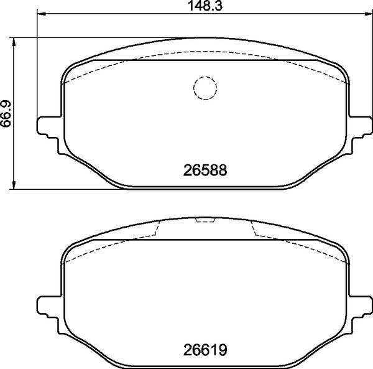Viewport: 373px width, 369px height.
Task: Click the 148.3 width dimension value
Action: [205, 6]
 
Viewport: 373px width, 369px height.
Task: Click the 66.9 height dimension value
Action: [6, 114]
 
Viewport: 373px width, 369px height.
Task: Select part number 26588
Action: [205, 170]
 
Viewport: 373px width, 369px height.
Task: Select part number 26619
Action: [205, 350]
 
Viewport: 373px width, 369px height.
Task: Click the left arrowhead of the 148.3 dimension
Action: [41, 14]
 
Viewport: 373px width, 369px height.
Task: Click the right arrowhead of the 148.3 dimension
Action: [368, 14]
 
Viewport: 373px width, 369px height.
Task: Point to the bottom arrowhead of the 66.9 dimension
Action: [14, 185]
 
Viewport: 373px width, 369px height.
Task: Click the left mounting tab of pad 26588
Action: [48, 128]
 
